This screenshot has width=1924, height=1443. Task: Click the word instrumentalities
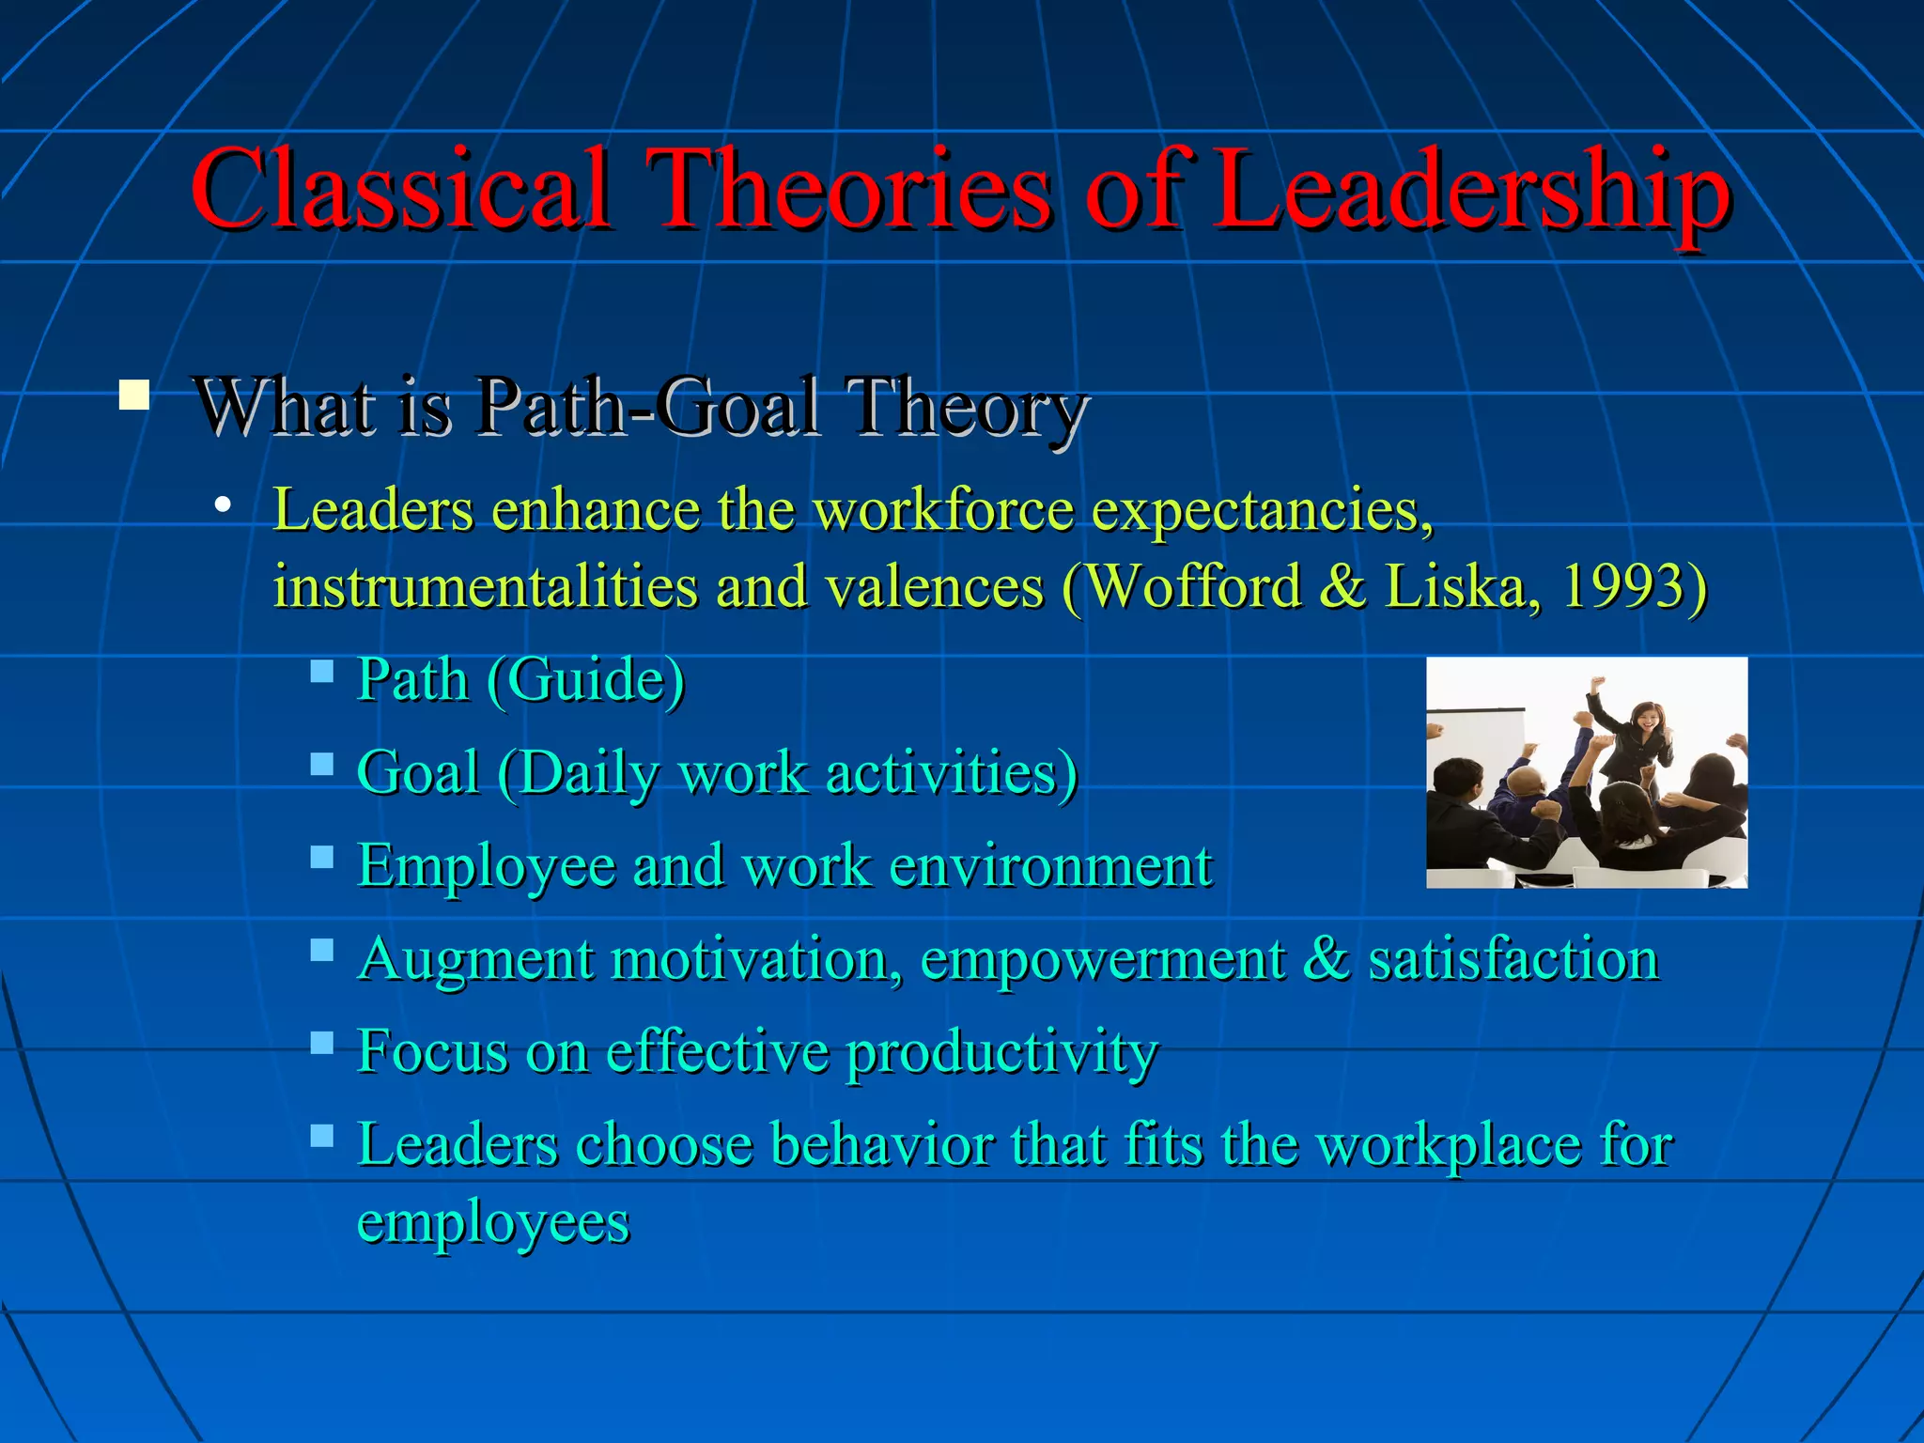[x=485, y=586]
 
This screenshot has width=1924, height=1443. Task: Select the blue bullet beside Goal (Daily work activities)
[x=322, y=763]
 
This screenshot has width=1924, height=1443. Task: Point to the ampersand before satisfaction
[x=1326, y=958]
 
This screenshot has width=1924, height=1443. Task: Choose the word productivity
[x=1001, y=1052]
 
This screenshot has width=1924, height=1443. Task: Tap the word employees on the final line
[x=493, y=1221]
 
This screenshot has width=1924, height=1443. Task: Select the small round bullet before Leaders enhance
[x=223, y=506]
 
